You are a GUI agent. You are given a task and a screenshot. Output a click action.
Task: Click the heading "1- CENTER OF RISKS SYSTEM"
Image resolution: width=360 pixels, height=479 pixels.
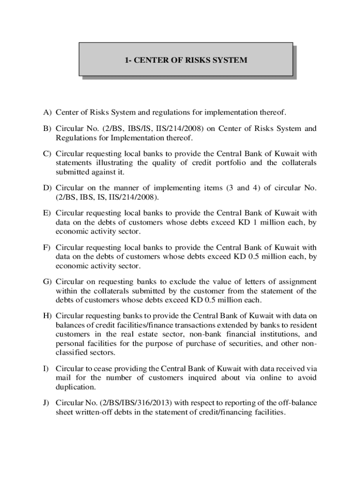pos(186,60)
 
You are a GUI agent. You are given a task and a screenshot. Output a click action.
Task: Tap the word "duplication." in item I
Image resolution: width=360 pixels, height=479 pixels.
pos(76,387)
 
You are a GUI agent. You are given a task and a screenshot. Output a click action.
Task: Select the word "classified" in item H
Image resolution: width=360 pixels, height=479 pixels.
pos(72,353)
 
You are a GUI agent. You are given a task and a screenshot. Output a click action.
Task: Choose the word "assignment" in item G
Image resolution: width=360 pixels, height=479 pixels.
pos(294,282)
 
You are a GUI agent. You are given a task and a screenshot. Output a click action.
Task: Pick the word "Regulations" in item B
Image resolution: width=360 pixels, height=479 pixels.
pos(77,138)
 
